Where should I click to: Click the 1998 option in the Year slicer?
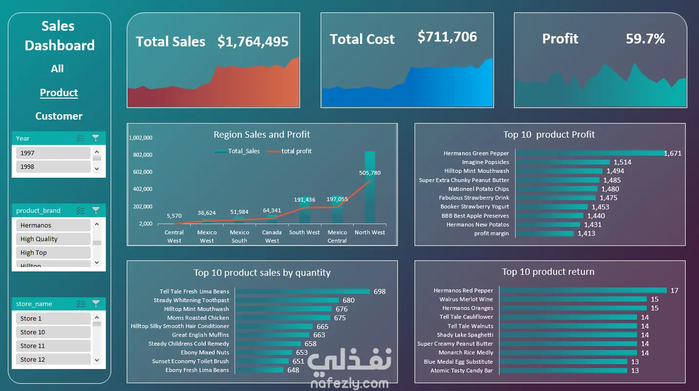coord(53,167)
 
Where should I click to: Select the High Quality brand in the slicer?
coord(53,239)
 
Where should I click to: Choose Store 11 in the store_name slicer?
coord(53,346)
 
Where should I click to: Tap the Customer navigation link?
coord(59,116)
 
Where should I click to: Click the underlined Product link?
coord(59,92)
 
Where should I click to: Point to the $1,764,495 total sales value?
coord(253,41)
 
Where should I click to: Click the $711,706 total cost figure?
coord(447,37)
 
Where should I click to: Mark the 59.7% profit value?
coord(645,39)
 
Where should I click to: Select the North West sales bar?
coord(370,187)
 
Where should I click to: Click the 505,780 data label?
coord(370,173)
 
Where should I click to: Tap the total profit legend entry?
coord(290,151)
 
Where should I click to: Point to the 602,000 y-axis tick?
coord(142,172)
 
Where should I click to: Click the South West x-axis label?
coord(304,232)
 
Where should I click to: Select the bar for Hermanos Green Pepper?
coord(590,153)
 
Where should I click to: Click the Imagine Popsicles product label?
coord(485,162)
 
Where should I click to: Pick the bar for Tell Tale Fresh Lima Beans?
coord(302,291)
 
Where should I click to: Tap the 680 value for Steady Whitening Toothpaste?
coord(349,300)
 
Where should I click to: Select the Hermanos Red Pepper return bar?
coord(583,290)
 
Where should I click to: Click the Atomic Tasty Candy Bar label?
coord(461,370)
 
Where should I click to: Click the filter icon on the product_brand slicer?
coord(96,210)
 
